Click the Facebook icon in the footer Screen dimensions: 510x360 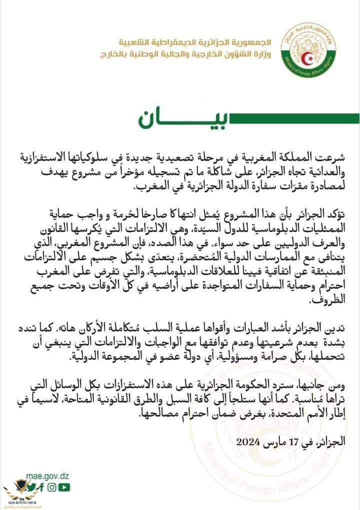pyautogui.click(x=41, y=486)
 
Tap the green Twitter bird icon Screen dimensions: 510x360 pyautogui.click(x=31, y=486)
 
